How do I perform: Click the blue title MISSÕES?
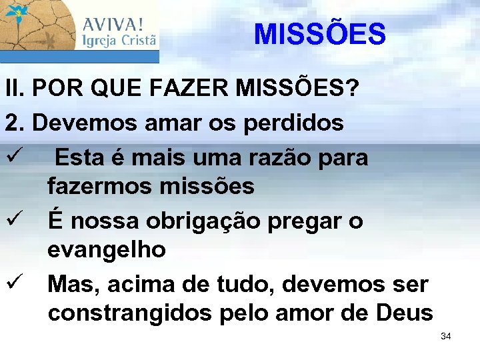tap(320, 34)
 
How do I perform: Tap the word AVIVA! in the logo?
tap(113, 24)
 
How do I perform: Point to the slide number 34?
tap(446, 336)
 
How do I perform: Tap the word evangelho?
tap(107, 250)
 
